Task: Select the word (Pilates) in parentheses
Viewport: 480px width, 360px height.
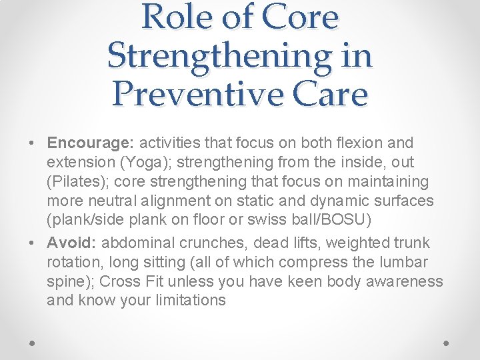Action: pyautogui.click(x=77, y=181)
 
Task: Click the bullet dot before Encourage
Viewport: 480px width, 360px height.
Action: pyautogui.click(x=33, y=143)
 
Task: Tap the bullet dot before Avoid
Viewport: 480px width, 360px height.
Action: pyautogui.click(x=33, y=243)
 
